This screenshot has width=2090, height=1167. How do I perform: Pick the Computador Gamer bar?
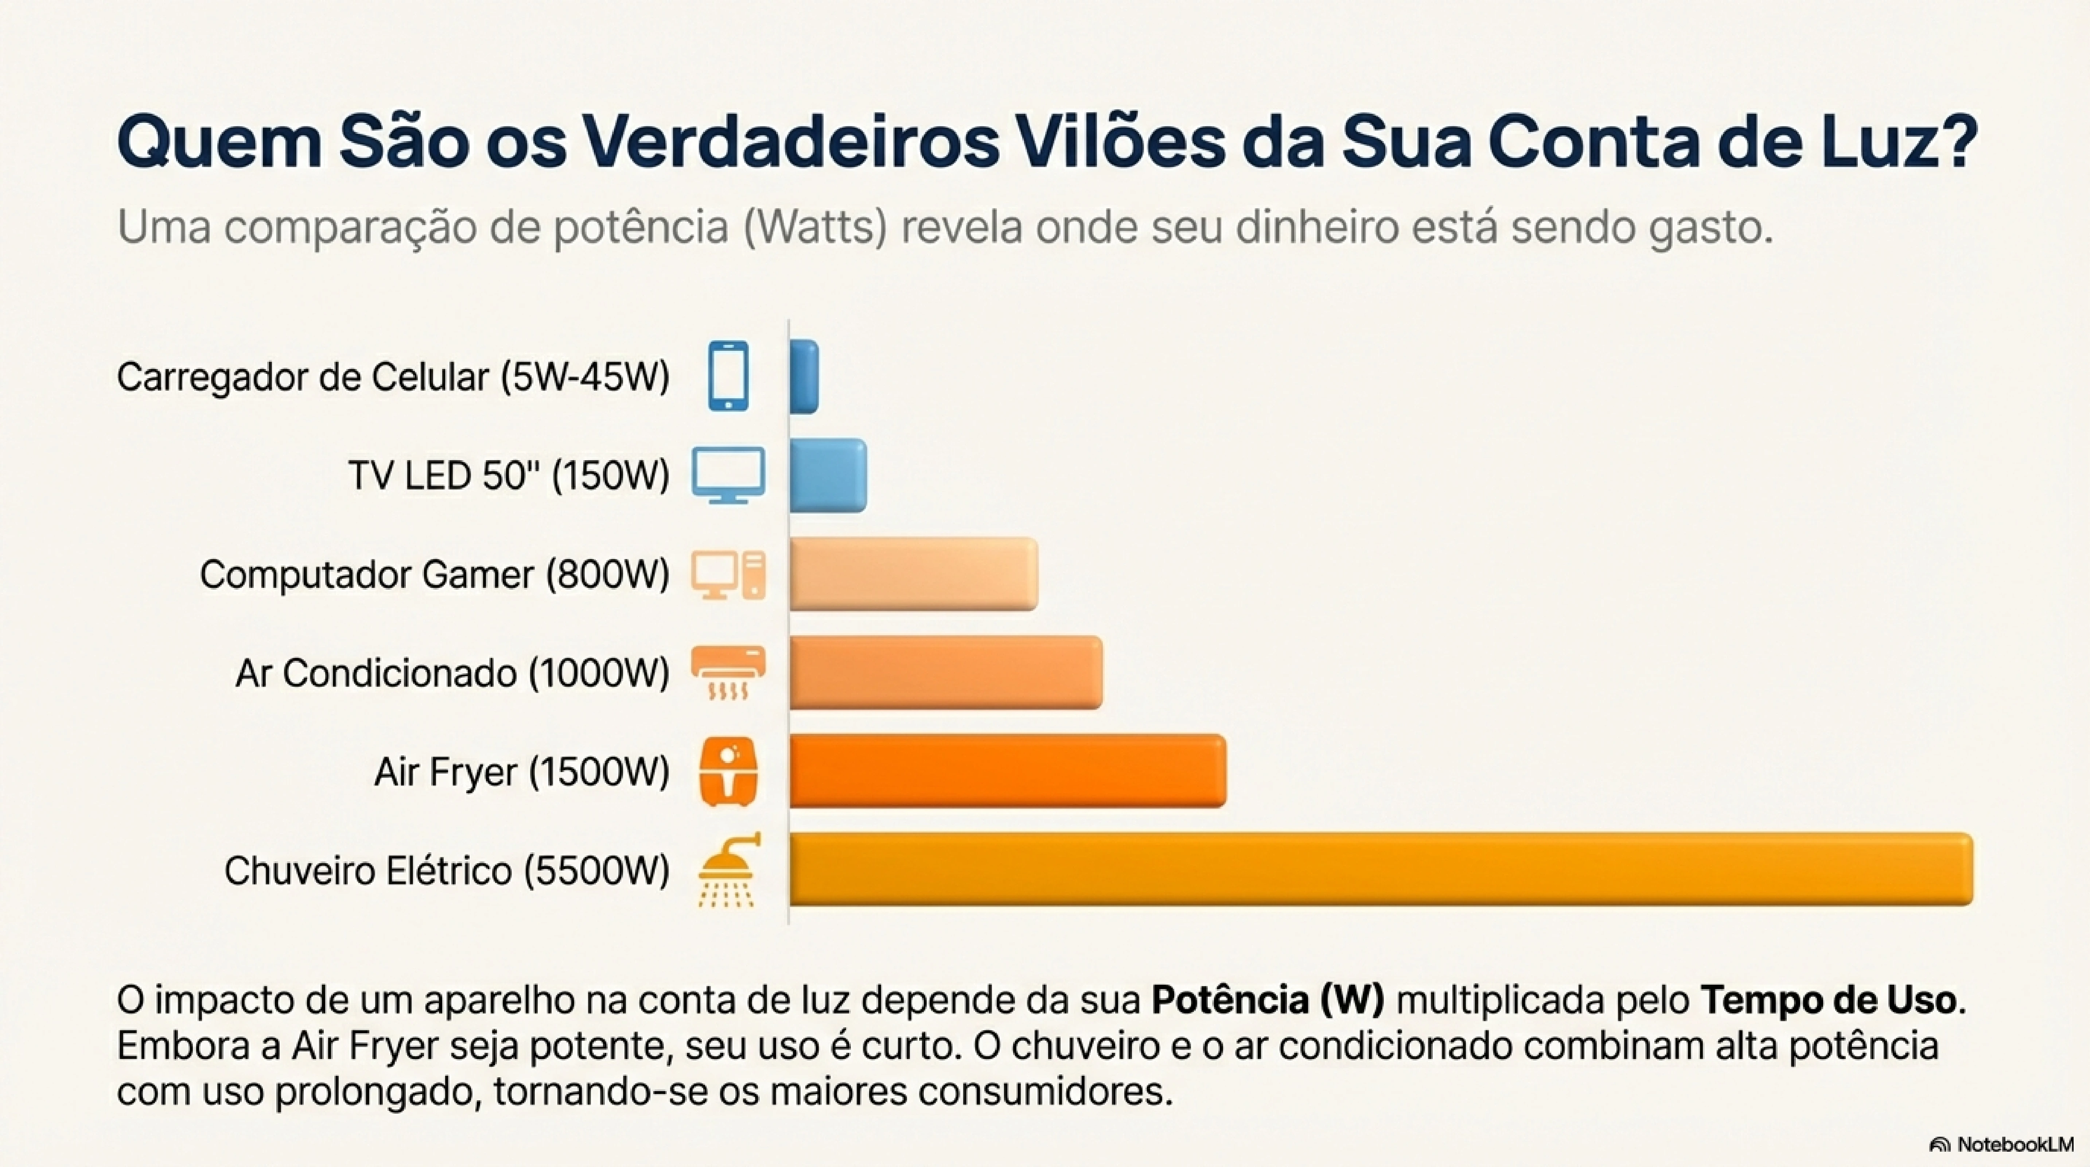pos(913,574)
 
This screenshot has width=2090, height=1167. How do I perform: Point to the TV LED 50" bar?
pos(828,476)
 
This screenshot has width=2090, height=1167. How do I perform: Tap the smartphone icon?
pos(728,377)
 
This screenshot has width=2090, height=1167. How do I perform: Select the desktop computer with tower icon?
pos(728,575)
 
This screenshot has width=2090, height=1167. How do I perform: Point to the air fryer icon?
pos(728,771)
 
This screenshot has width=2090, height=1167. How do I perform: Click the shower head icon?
pos(728,870)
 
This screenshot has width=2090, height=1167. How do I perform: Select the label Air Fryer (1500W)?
pos(522,772)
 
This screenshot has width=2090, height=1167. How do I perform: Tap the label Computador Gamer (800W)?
pos(435,575)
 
